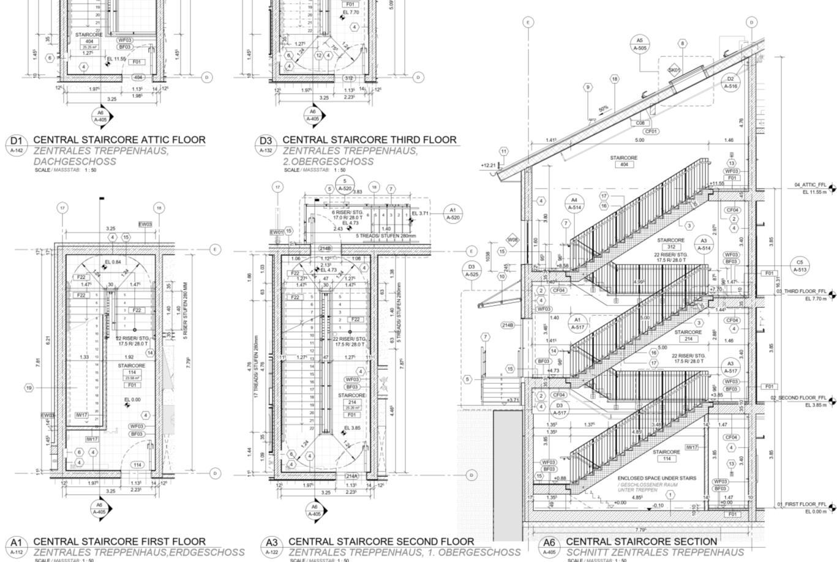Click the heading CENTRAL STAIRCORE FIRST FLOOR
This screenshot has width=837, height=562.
119,541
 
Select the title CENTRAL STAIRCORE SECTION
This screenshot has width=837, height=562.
641,541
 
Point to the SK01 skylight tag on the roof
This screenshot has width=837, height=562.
674,70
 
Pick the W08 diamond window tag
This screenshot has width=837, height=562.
512,239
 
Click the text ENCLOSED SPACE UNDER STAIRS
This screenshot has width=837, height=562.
656,478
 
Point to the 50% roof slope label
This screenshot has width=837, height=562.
603,109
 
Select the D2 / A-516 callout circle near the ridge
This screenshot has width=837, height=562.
730,83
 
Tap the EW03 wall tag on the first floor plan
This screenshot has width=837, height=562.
145,225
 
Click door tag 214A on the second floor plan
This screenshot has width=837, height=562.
351,476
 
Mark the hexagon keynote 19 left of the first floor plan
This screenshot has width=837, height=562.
29,388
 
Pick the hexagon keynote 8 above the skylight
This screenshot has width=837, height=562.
682,43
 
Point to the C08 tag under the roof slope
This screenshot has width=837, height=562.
640,123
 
